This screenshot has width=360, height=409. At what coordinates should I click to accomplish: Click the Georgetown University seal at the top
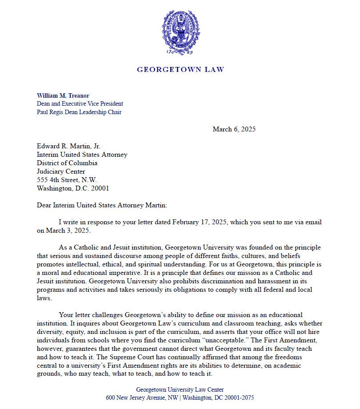coord(180,34)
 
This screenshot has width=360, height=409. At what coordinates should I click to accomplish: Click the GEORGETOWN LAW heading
coord(180,70)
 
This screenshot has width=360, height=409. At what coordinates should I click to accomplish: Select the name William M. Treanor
coord(63,95)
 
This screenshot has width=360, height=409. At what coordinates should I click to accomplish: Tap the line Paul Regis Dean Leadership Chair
coord(79,112)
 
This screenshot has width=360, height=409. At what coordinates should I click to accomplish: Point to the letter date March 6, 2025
coord(234,129)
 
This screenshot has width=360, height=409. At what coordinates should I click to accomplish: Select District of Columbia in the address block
coord(67,163)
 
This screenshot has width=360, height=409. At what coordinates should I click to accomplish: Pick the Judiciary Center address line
coord(60,171)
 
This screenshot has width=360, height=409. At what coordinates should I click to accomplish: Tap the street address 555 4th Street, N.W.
coord(66,180)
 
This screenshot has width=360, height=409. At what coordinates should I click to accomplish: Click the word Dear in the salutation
coord(44,205)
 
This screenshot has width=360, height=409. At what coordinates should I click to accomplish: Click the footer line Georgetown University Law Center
coord(180,389)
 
